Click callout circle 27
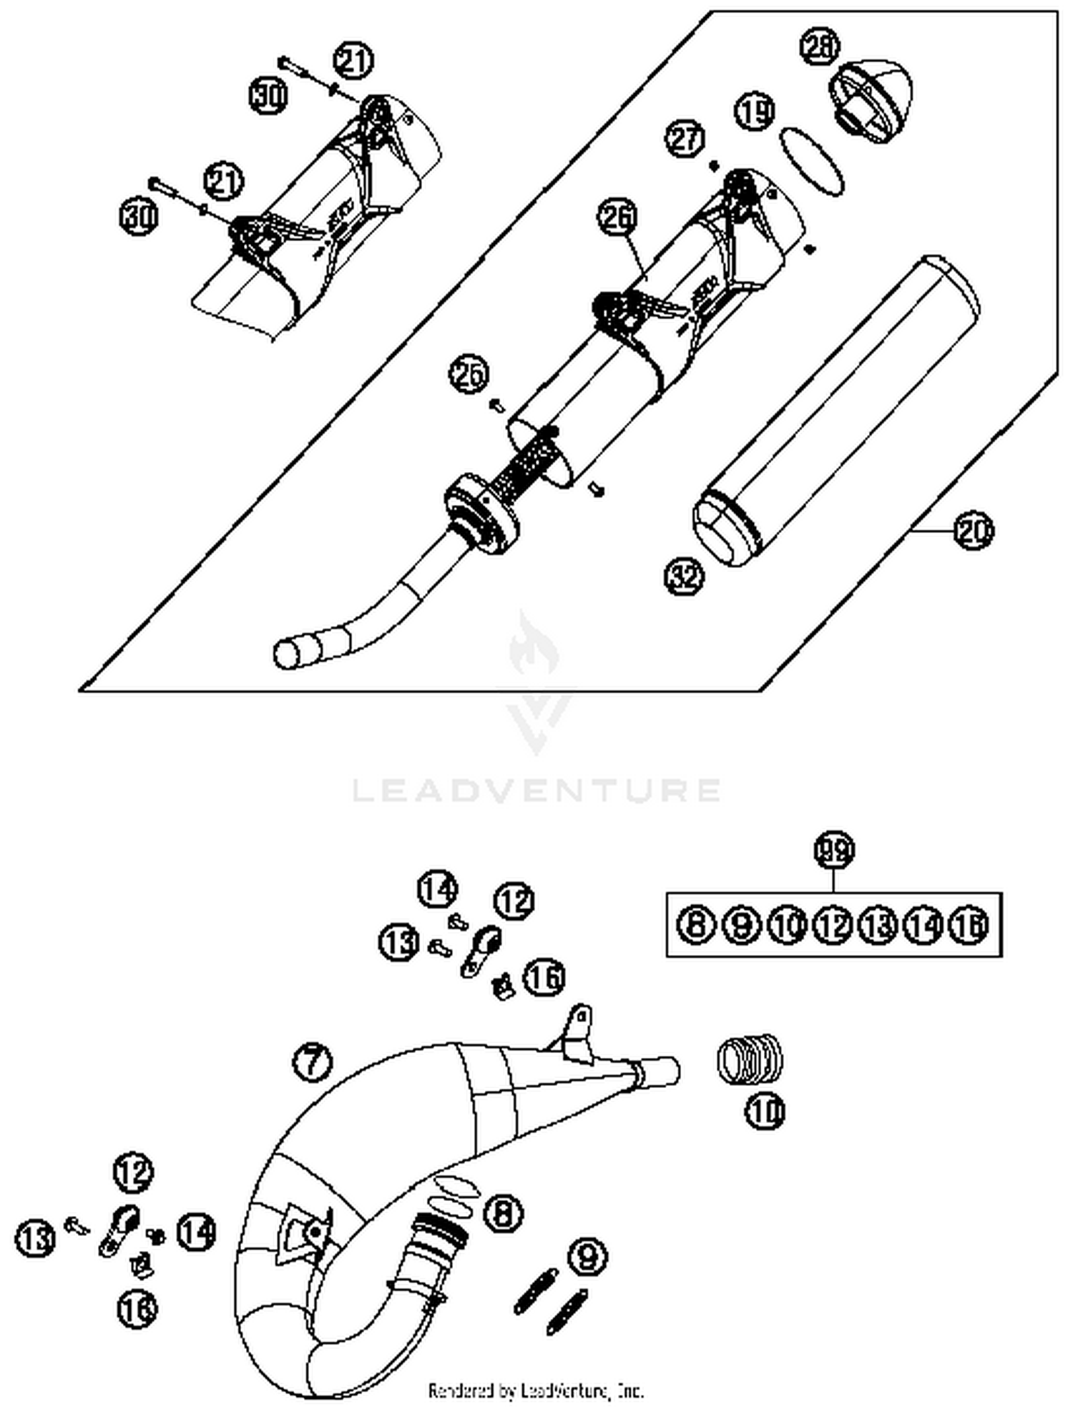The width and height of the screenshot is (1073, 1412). point(686,137)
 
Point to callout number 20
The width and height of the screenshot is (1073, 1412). point(974,531)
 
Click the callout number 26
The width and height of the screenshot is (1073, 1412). point(617,219)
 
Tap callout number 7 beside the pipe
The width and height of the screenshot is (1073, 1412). point(313,1060)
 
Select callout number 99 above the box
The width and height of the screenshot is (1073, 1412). point(834,850)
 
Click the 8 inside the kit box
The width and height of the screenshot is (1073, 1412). point(696,925)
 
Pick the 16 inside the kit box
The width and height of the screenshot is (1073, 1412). point(969,925)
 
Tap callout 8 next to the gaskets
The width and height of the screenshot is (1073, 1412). point(503,1212)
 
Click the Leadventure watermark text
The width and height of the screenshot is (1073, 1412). point(536,790)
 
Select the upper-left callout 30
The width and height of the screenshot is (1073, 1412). point(268,95)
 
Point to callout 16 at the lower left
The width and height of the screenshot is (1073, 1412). point(137,1308)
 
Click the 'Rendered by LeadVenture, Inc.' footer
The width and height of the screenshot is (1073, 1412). point(536,1390)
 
